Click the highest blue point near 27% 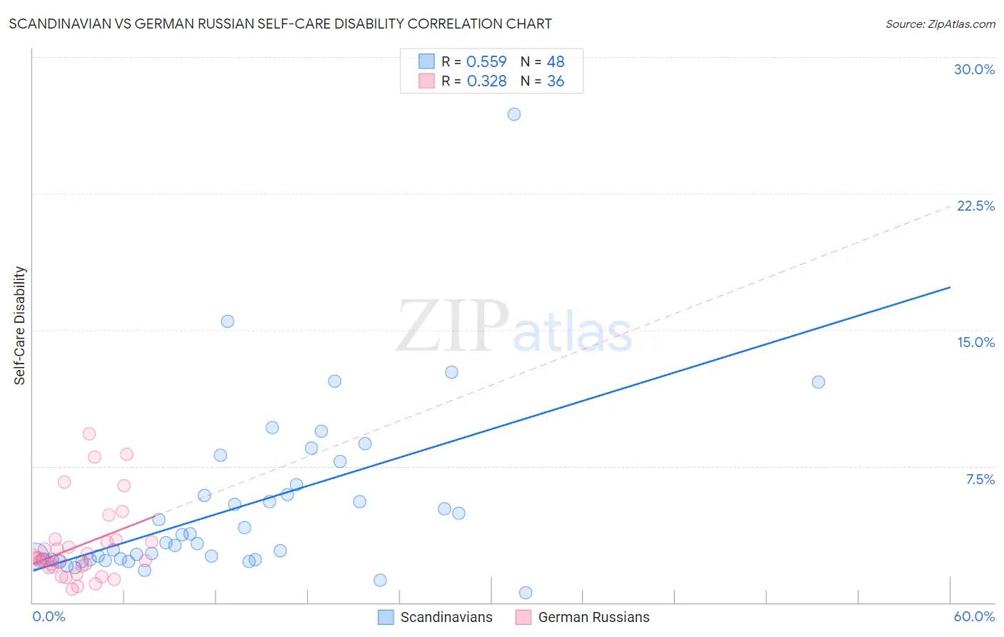514,114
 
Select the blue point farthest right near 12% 818,382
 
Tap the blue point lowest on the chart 526,593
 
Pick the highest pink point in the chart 89,433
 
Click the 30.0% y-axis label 974,69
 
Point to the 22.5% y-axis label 975,206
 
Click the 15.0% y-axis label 975,342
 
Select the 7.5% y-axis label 980,479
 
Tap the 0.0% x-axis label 49,616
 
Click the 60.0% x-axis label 974,616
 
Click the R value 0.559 486,61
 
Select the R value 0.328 486,81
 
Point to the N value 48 556,61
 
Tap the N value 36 556,81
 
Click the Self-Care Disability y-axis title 20,326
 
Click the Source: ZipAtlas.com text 940,24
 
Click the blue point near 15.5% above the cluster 228,321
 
